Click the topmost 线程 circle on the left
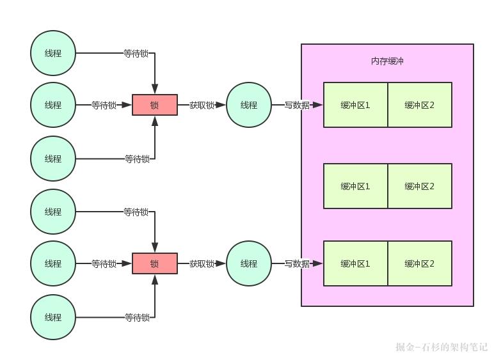pos(53,53)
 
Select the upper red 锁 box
pos(154,105)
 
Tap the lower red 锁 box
pos(154,263)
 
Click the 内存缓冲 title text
pos(387,61)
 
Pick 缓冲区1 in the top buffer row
pos(355,105)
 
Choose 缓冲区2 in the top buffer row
pos(420,105)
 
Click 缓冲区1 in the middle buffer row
pos(355,186)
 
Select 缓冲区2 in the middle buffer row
pos(420,186)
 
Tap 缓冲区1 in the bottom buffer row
pos(355,263)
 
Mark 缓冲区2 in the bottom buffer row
pos(420,263)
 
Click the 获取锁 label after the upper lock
pos(202,105)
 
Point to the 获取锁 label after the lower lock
pos(202,263)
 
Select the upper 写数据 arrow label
pos(297,105)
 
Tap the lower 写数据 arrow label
pos(297,263)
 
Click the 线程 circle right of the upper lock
pos(249,105)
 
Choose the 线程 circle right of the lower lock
pos(249,263)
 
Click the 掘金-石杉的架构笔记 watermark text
pos(442,347)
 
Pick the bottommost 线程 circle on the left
pos(53,317)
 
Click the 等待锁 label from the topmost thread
pos(136,54)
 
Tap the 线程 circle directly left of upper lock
pos(53,105)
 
